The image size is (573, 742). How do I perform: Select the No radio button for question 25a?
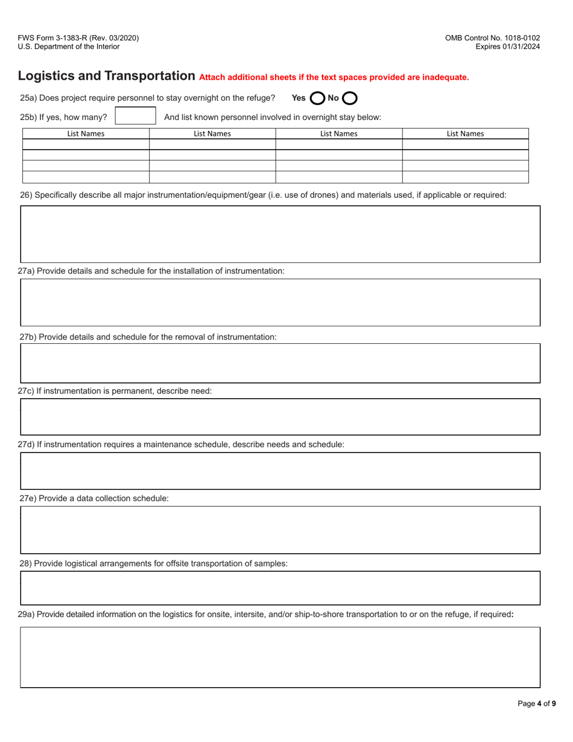350,98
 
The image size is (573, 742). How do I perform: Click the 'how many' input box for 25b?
135,116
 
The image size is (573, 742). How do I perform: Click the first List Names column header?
86,134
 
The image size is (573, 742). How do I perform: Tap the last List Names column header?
465,134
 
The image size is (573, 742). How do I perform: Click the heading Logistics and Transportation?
106,76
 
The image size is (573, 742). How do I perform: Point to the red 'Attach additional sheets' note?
334,77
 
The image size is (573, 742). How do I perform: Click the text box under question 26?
280,234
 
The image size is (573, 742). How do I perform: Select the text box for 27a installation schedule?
280,302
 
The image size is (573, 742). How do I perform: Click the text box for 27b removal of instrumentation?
280,363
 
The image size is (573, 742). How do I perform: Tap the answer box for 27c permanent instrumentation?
280,417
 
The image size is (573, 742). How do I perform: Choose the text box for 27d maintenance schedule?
280,471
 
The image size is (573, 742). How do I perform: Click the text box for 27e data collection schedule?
280,530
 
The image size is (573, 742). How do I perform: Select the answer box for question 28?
280,588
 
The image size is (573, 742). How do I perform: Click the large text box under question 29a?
280,657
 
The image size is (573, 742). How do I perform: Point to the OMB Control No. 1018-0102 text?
492,38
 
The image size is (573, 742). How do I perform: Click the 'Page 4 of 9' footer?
537,703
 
